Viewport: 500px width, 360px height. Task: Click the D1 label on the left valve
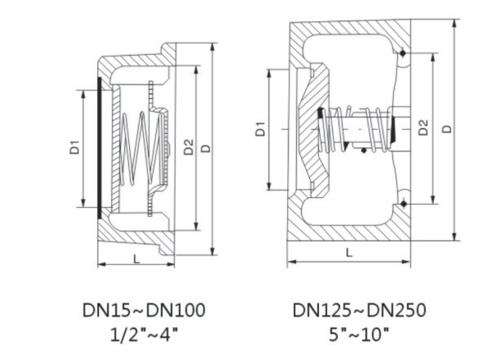pyautogui.click(x=74, y=147)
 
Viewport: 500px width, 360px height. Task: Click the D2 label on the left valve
pyautogui.click(x=189, y=147)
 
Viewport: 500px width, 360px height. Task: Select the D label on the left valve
pyautogui.click(x=206, y=149)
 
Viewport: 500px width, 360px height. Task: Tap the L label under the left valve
pyautogui.click(x=137, y=259)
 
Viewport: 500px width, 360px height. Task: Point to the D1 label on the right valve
pyautogui.click(x=261, y=128)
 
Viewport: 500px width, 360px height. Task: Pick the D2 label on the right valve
pyautogui.click(x=423, y=127)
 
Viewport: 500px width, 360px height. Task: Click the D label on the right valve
pyautogui.click(x=448, y=128)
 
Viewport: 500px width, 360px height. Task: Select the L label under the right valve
pyautogui.click(x=350, y=252)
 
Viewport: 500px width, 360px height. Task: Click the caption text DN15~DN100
pyautogui.click(x=144, y=310)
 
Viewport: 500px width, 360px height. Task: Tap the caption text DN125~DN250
pyautogui.click(x=359, y=310)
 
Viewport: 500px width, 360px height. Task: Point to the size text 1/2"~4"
pyautogui.click(x=144, y=335)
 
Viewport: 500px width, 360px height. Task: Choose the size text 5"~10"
pyautogui.click(x=359, y=335)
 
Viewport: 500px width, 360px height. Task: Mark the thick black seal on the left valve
pyautogui.click(x=100, y=148)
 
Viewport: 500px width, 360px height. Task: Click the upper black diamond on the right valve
pyautogui.click(x=403, y=53)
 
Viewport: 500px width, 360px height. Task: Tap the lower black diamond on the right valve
pyautogui.click(x=404, y=204)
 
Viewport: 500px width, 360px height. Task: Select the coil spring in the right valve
pyautogui.click(x=354, y=129)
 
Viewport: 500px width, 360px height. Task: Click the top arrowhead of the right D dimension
pyautogui.click(x=455, y=23)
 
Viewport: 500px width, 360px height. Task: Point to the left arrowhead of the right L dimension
pyautogui.click(x=291, y=262)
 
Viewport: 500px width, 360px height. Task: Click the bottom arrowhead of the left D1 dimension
pyautogui.click(x=84, y=203)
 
